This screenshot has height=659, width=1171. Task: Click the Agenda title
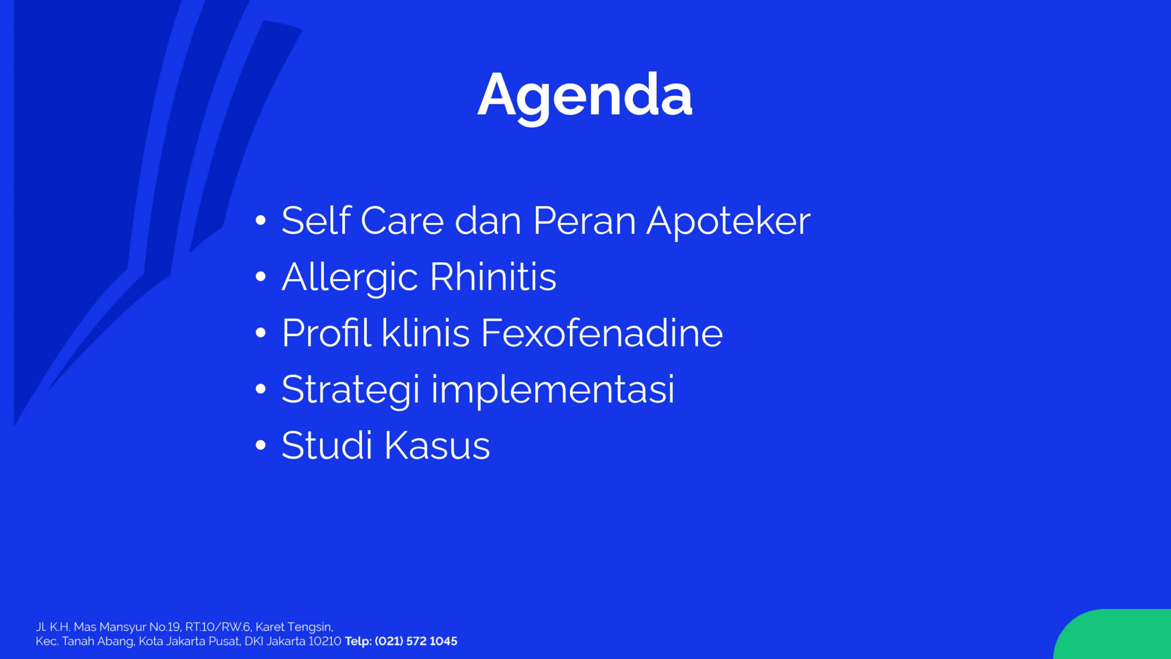(x=585, y=97)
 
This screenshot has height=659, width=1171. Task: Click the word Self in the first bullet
(x=316, y=220)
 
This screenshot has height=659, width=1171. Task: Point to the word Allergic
(x=350, y=279)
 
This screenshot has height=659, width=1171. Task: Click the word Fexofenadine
(x=602, y=333)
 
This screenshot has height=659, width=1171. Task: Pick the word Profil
(x=326, y=333)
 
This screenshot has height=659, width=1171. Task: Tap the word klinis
(x=425, y=333)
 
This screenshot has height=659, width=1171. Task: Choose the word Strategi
(x=350, y=391)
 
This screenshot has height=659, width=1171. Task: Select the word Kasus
(x=437, y=445)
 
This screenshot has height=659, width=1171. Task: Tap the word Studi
(x=327, y=445)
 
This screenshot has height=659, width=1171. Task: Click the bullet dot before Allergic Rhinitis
(x=261, y=276)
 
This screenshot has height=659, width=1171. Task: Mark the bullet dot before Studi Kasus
(x=261, y=445)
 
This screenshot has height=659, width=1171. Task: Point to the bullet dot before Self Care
(x=261, y=220)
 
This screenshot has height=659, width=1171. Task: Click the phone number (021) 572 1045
(x=416, y=641)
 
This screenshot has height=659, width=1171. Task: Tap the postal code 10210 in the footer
(x=325, y=641)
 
